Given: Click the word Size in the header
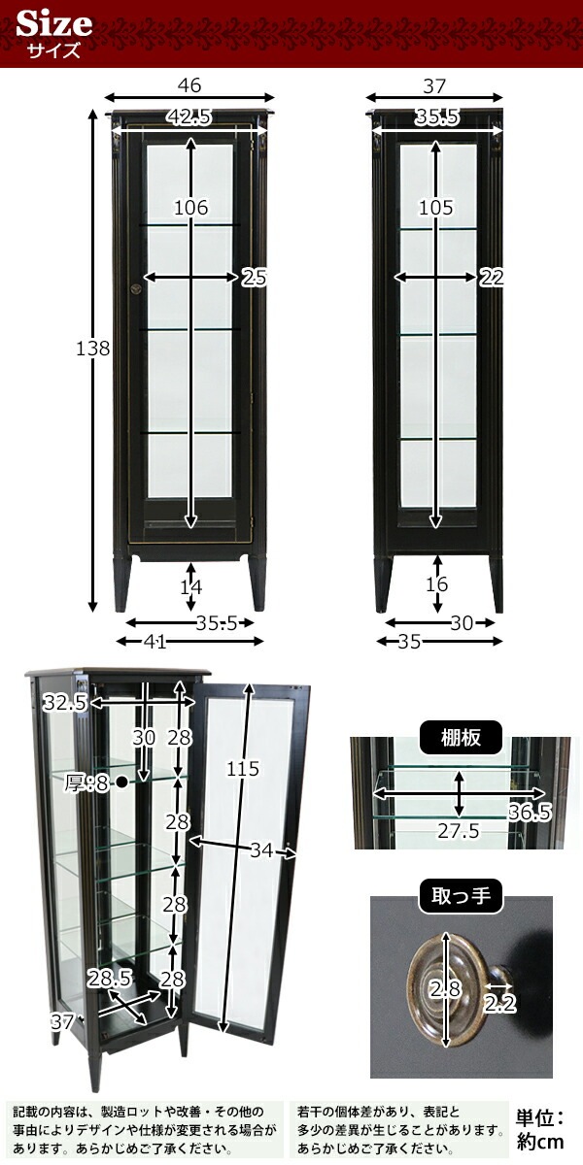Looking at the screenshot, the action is point(54,24).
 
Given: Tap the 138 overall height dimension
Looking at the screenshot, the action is point(93,348).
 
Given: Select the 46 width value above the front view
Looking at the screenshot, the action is point(189,85).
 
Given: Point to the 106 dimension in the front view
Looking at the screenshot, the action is point(191,208).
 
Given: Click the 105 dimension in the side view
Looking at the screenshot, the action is point(436,208).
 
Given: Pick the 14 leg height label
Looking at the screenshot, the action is point(191,587).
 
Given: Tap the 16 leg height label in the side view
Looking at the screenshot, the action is point(436,584).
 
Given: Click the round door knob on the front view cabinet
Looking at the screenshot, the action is point(138,288).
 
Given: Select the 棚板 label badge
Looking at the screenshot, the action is point(461,737).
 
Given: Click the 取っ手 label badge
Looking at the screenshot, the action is point(461,896).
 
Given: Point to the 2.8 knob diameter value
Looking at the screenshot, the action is point(445,988).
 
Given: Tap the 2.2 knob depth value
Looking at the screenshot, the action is point(499,1004).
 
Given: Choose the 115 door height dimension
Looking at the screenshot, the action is point(243,769).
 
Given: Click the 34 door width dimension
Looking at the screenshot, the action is point(261,850).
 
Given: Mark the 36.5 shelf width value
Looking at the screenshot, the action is point(530,812).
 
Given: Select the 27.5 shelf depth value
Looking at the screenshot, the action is point(458,831).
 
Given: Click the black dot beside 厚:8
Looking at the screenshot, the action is point(121,782).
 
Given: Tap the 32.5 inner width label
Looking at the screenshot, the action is point(64,703).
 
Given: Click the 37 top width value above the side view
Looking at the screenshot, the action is point(434,85).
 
